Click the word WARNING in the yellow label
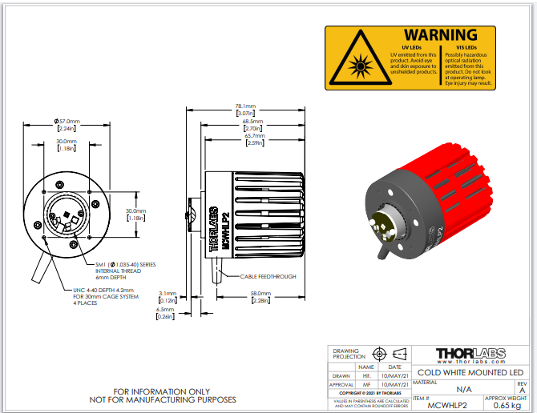point(440,35)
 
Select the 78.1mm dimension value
point(245,106)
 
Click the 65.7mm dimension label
point(255,136)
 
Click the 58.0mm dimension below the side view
point(260,294)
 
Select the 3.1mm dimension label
point(168,294)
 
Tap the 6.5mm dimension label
point(166,310)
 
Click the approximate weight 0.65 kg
point(507,406)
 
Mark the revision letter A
point(522,391)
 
